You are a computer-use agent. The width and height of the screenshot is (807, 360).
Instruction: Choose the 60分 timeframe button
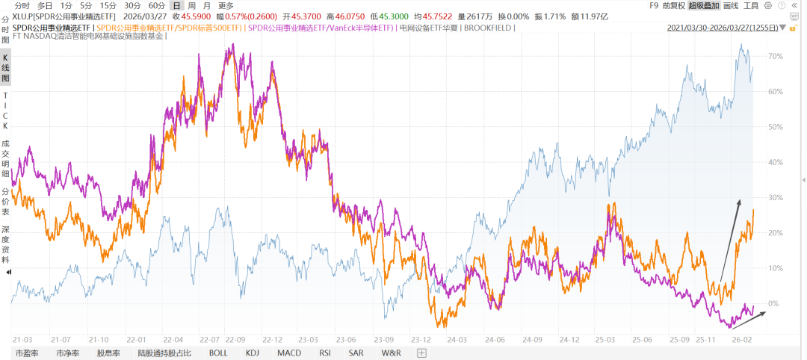[156, 5]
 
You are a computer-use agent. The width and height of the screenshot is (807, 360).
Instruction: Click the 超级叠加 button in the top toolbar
[703, 5]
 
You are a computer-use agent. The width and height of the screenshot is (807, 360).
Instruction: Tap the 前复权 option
[672, 5]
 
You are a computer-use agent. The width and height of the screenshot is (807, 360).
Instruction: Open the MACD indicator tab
[290, 353]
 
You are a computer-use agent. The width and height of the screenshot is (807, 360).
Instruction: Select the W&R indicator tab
[391, 353]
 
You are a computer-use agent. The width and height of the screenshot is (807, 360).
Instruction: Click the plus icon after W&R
[421, 353]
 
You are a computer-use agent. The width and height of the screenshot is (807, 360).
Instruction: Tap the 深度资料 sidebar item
[5, 244]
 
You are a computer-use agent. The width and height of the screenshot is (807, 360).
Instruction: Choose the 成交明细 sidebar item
[5, 156]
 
